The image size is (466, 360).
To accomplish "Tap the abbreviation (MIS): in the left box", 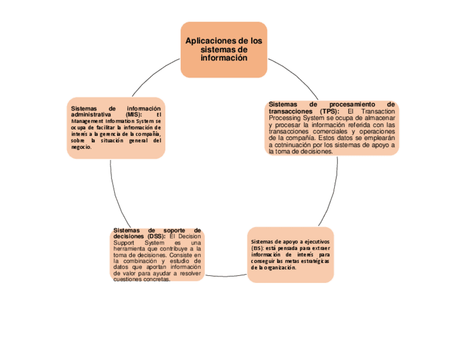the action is [133, 114].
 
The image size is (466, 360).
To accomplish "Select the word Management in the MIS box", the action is [87, 121].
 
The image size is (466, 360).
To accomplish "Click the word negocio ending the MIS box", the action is [81, 147].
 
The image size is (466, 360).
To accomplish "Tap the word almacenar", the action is [378, 118].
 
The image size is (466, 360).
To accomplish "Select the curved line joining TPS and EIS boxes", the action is [336, 187].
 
